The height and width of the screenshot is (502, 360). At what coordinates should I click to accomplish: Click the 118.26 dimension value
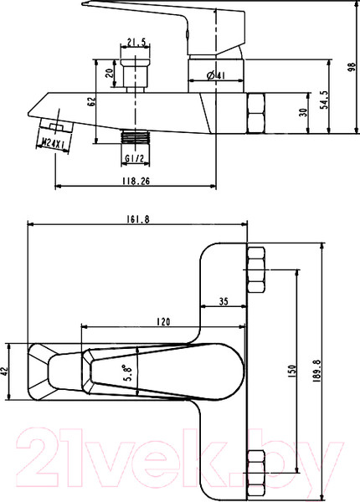coord(136,181)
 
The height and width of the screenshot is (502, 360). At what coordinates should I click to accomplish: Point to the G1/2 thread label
coord(135,158)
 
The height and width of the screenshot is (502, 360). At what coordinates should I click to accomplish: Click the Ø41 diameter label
coord(215,75)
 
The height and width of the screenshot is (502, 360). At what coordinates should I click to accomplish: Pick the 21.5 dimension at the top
coord(136,42)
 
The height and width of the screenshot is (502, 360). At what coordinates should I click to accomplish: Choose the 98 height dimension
coord(352,67)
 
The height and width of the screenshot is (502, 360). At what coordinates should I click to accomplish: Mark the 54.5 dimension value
coord(325,100)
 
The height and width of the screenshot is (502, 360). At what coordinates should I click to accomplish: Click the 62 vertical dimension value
coord(91,101)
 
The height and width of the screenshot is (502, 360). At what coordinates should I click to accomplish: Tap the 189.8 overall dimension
coord(316,370)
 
